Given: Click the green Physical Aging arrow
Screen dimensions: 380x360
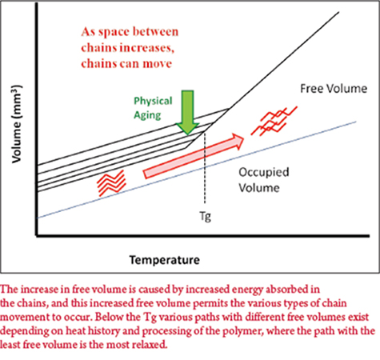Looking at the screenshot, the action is point(187,112).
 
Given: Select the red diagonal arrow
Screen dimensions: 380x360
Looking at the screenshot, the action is point(194,156).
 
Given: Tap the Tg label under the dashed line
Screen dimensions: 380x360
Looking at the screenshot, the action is point(205,216).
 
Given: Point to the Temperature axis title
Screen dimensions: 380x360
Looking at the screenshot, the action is point(165,260).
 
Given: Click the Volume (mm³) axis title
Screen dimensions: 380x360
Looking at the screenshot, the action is point(17,124).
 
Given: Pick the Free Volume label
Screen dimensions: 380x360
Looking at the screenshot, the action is point(334,89).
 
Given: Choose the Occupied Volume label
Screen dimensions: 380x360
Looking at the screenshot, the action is point(264,180).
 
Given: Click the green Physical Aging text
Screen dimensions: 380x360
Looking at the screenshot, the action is point(153,108).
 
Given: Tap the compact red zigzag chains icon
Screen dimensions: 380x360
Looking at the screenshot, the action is point(111,182).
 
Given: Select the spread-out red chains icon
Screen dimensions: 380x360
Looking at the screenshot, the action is point(274,121).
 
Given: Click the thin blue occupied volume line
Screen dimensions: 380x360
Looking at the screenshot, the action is point(197,170).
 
